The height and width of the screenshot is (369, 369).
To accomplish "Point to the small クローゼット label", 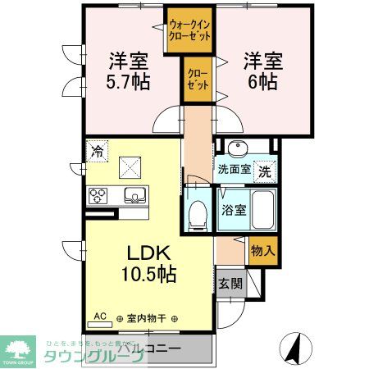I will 198,79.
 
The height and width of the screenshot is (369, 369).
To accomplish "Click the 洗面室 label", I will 233,171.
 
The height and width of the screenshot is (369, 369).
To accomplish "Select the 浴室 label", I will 232,208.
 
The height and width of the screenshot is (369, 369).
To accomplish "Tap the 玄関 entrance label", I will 230,284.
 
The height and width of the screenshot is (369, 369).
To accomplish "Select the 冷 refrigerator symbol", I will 98,151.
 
